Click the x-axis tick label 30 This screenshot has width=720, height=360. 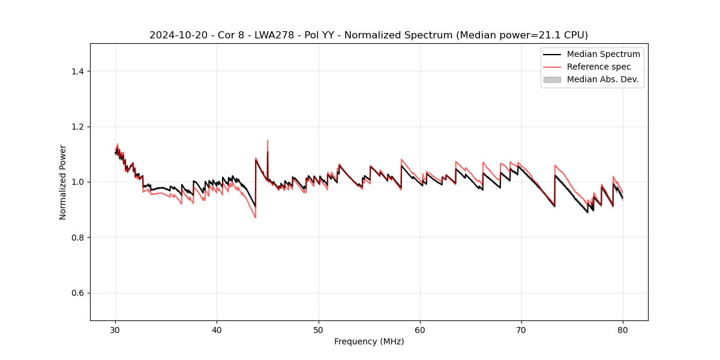[116, 330]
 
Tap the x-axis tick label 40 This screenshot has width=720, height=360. [217, 330]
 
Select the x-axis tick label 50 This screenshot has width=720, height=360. [319, 330]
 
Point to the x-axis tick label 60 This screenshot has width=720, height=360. [420, 330]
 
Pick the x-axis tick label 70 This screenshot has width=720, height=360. [521, 330]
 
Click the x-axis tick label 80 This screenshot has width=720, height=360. [623, 330]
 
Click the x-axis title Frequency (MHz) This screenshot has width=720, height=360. [369, 341]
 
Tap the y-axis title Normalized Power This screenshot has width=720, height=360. [62, 182]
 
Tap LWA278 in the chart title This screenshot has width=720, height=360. [272, 35]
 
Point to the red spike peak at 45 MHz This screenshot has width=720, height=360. [268, 140]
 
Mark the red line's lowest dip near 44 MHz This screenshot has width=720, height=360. [255, 217]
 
